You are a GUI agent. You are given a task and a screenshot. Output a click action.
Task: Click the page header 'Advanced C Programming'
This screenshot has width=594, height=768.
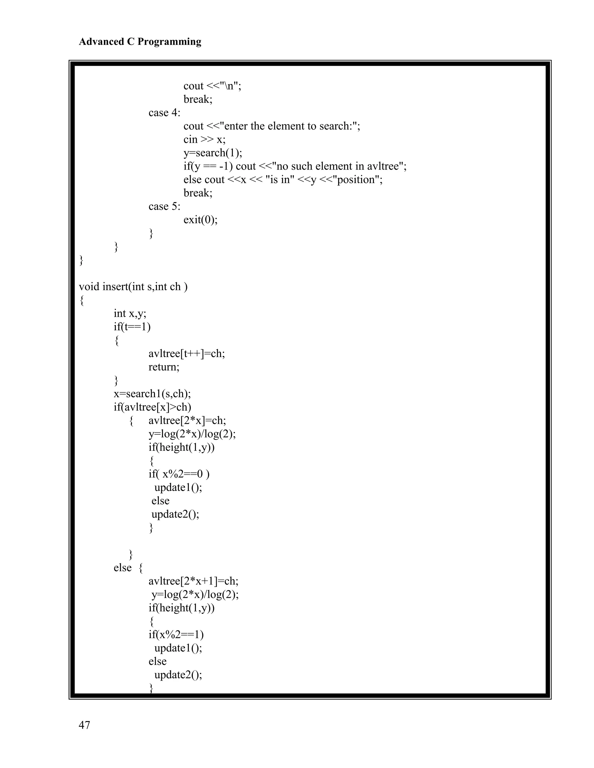[x=140, y=42]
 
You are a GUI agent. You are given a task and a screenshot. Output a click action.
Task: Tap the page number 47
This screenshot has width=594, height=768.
[x=84, y=725]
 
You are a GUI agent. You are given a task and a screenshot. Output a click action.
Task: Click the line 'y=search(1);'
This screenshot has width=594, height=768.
[x=213, y=153]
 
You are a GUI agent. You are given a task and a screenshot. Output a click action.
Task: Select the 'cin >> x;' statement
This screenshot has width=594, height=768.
[x=204, y=140]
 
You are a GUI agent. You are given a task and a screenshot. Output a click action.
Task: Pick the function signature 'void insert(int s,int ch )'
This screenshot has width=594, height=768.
[x=133, y=287]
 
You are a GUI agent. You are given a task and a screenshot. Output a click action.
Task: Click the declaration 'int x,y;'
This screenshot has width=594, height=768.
[x=130, y=313]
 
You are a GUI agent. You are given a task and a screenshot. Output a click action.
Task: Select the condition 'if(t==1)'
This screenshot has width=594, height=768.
[x=132, y=327]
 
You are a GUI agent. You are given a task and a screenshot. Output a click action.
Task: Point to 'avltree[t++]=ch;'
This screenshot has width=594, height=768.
[x=186, y=354]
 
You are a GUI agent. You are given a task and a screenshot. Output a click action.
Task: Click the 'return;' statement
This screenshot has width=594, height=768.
[x=164, y=367]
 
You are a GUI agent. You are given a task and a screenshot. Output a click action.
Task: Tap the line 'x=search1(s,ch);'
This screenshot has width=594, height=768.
[x=152, y=394]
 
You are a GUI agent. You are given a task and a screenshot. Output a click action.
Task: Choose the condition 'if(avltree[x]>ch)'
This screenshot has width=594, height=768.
[x=152, y=407]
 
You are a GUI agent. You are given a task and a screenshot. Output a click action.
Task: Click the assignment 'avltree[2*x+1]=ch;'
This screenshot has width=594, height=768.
[x=193, y=581]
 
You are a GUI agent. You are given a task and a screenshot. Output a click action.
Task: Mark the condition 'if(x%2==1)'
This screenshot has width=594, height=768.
[x=176, y=634]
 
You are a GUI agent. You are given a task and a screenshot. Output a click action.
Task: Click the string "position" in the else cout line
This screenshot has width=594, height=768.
[x=358, y=180]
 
